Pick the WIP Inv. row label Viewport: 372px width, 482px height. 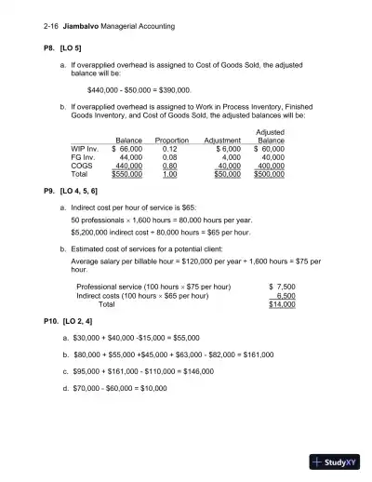[87, 148]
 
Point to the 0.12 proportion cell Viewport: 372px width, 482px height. [170, 148]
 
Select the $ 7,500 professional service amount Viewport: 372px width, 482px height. [282, 287]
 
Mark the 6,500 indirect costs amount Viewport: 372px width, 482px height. [286, 295]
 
